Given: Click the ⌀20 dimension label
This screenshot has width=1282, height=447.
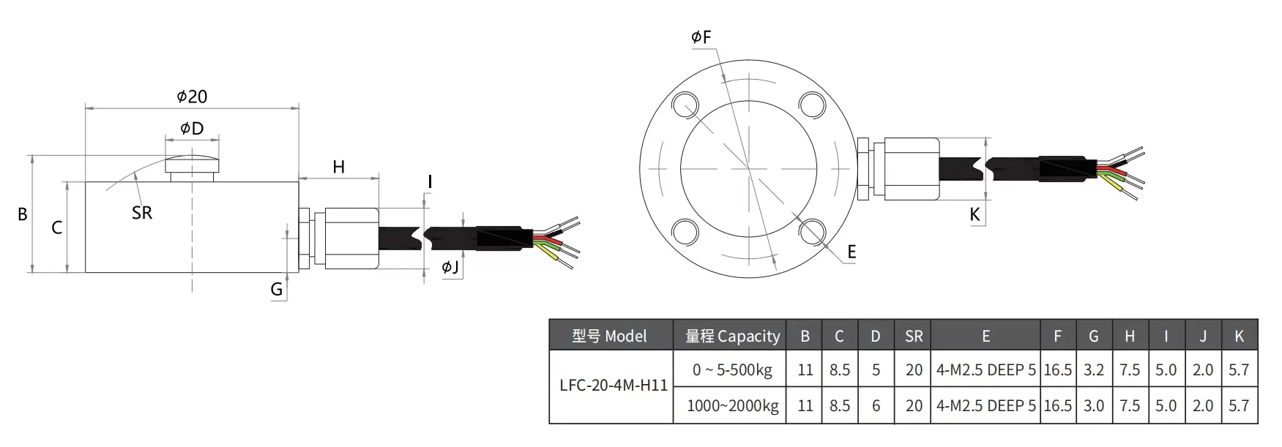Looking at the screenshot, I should point(192,97).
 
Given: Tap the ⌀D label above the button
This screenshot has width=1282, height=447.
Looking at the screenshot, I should point(192,129).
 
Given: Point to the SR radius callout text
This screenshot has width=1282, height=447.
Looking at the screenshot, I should point(142,213).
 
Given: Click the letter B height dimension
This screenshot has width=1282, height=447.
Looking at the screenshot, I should point(23,214).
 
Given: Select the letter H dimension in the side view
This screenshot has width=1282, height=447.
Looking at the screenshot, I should point(338,167).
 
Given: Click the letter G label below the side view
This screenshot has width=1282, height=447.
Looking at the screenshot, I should point(277,290).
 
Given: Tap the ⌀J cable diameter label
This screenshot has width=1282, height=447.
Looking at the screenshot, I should point(450,268).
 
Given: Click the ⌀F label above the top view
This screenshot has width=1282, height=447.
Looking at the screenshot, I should point(701,37).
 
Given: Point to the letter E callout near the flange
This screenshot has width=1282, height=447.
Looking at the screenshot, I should point(851,252).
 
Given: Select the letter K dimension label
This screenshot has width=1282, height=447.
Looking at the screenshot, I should point(974,214).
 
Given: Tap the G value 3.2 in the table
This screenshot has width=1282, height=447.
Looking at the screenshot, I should point(1093,370).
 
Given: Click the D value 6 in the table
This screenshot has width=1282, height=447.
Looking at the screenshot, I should point(876,405).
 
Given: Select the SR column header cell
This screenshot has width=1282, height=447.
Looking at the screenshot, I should point(914,337).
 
